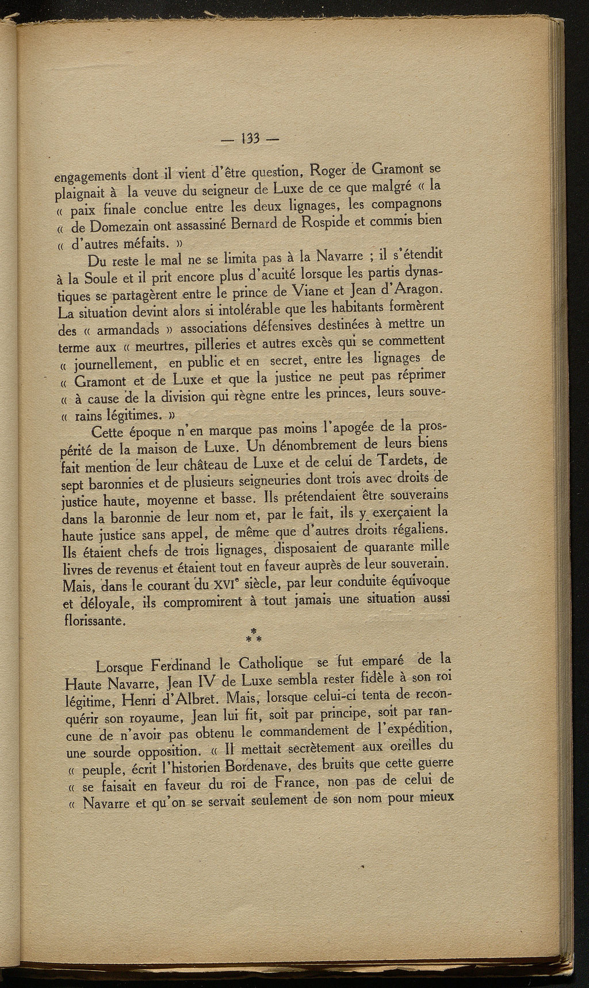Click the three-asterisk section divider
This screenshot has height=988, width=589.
(254, 636)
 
